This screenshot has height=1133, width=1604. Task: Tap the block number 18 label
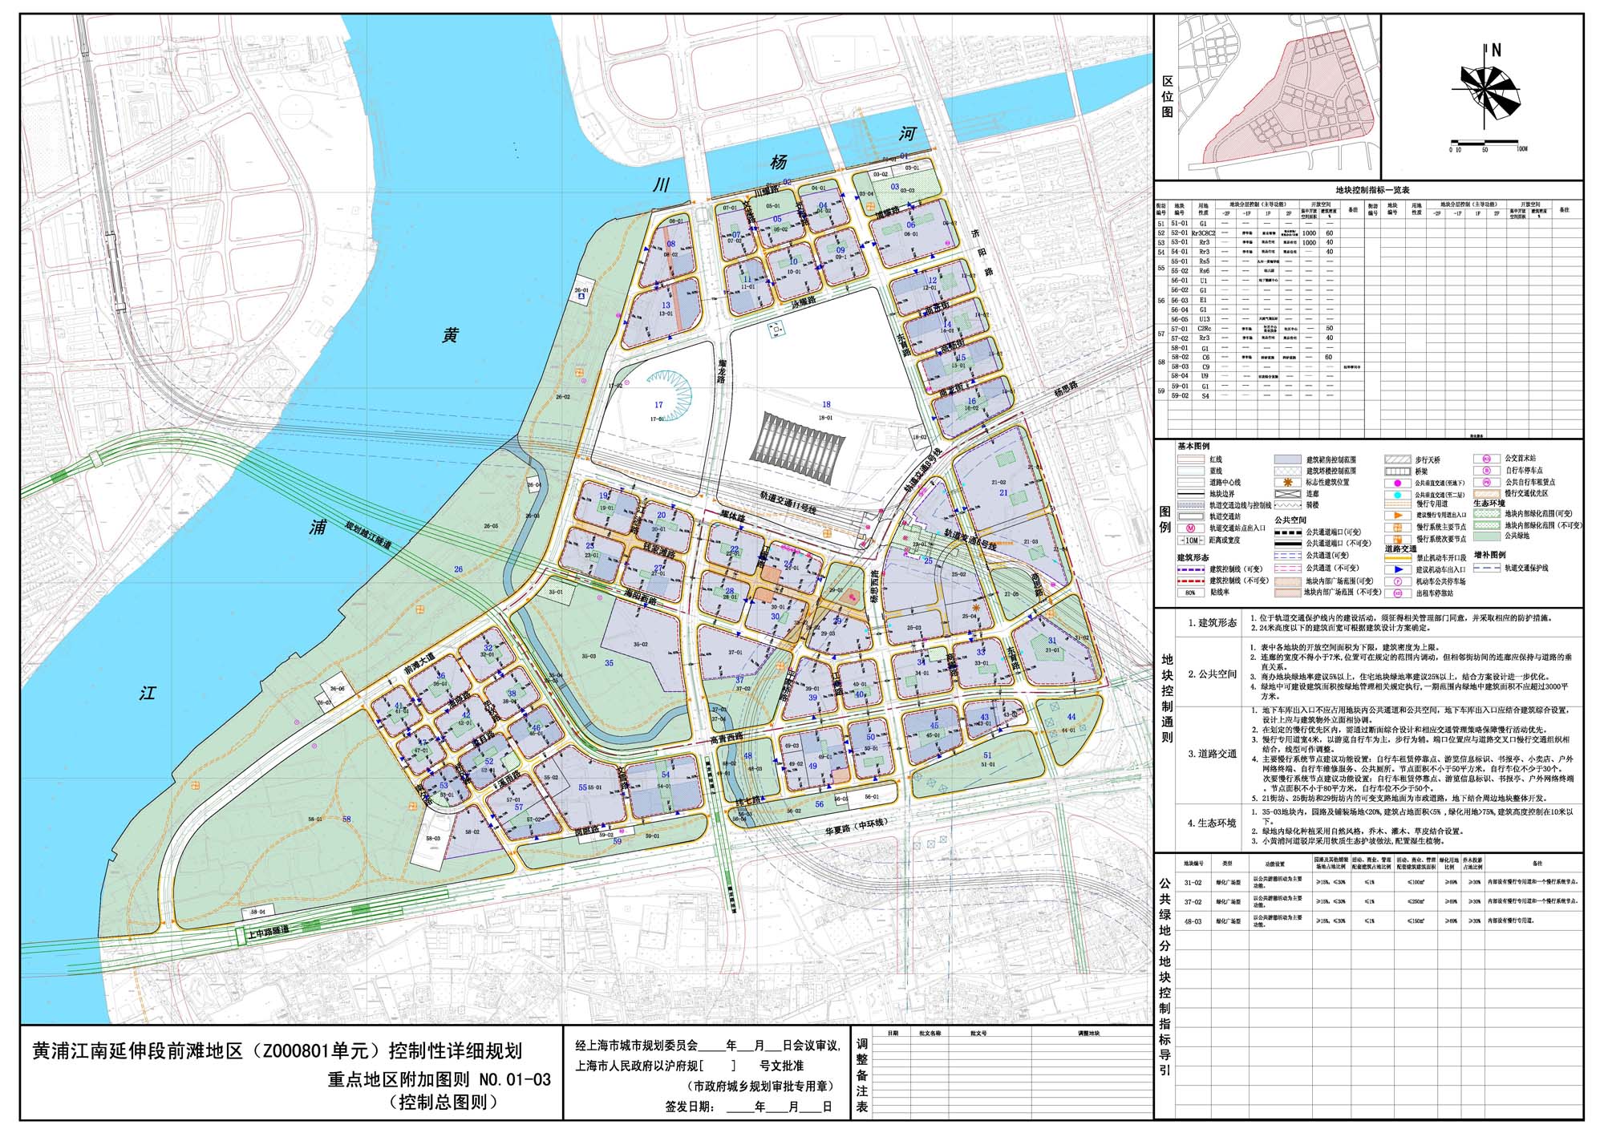(826, 405)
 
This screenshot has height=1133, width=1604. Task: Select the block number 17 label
(658, 406)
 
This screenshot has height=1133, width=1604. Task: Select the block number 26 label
(458, 569)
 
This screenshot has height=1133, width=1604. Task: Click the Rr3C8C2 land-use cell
(1203, 233)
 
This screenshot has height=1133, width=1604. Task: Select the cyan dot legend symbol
(1396, 496)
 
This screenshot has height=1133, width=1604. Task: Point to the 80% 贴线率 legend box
(1190, 593)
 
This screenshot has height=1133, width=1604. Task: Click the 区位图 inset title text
(1167, 97)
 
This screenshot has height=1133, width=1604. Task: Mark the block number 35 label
(610, 663)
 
